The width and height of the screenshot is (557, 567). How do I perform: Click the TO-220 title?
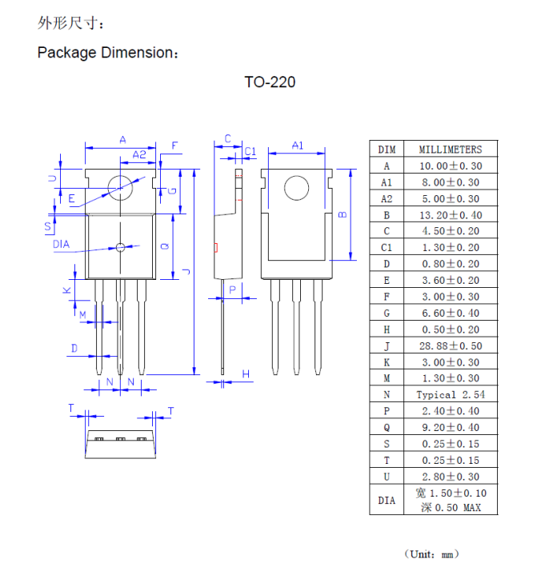pos(270,82)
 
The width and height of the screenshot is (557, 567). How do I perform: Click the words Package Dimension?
pos(106,53)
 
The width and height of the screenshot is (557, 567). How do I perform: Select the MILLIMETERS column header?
pos(451,149)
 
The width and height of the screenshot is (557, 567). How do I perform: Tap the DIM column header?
pos(387,149)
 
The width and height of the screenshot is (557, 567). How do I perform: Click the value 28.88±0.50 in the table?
pos(451,345)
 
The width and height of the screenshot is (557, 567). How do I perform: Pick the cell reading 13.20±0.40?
pos(451,214)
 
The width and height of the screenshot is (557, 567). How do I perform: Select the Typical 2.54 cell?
pos(451,394)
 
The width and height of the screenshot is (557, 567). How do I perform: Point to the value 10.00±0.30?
pos(451,166)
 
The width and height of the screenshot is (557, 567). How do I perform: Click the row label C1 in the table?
pos(387,247)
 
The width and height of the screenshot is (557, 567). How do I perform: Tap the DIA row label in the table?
pos(387,501)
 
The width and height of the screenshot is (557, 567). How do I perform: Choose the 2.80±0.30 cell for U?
pos(451,477)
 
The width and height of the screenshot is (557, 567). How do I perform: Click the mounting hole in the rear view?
pos(296,189)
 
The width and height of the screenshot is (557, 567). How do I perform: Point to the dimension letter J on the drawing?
pos(186,271)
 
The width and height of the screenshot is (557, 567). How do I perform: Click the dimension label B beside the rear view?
pos(341,214)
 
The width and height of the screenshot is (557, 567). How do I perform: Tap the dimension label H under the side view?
pos(246,373)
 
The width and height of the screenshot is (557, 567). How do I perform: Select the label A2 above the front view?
pos(139,154)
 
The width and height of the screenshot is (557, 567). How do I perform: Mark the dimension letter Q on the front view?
pos(165,246)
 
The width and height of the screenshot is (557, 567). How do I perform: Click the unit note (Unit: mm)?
pos(432,553)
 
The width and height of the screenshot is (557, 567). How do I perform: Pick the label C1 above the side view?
pos(250,150)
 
